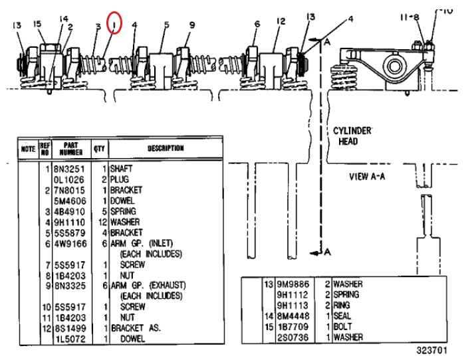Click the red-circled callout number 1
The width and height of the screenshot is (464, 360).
coord(115,25)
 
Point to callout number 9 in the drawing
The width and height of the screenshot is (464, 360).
coord(192,25)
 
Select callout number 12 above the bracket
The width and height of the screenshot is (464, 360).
coord(281,22)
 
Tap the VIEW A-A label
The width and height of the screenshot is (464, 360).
coord(368,177)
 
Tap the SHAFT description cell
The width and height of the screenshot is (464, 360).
coord(122,169)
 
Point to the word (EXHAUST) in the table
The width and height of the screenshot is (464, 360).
coord(166,285)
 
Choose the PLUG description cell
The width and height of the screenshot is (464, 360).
coord(120,179)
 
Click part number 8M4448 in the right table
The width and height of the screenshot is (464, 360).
coord(292,315)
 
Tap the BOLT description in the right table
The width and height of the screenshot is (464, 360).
coord(343,326)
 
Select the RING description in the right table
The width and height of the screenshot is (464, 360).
coord(343,305)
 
